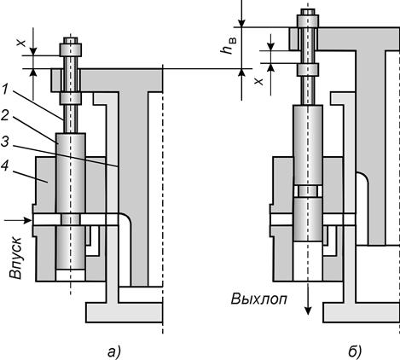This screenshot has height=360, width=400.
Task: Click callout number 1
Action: pos(6,90)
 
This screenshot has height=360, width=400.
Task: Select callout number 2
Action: pos(5,115)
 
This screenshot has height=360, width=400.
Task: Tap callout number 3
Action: pos(5,142)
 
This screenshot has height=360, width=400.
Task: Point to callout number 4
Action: pos(5,166)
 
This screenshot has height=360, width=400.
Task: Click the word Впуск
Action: pos(15,258)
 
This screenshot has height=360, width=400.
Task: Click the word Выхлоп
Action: pos(258,299)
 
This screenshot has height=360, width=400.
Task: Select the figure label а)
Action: pos(114,351)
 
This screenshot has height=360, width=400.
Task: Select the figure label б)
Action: pos(355,351)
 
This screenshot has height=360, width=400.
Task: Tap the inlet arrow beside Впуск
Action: pos(18,220)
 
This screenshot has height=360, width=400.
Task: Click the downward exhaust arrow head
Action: pos(308,311)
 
